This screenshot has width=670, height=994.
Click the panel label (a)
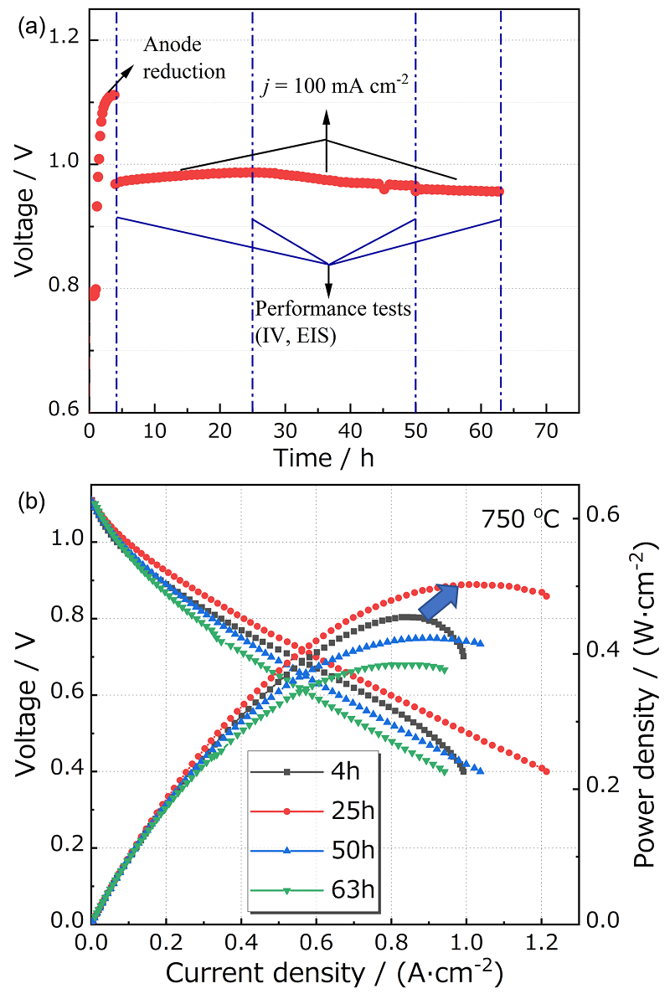[x=31, y=27]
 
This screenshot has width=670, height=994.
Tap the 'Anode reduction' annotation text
[x=184, y=58]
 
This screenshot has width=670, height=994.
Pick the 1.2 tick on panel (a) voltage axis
[x=67, y=39]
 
